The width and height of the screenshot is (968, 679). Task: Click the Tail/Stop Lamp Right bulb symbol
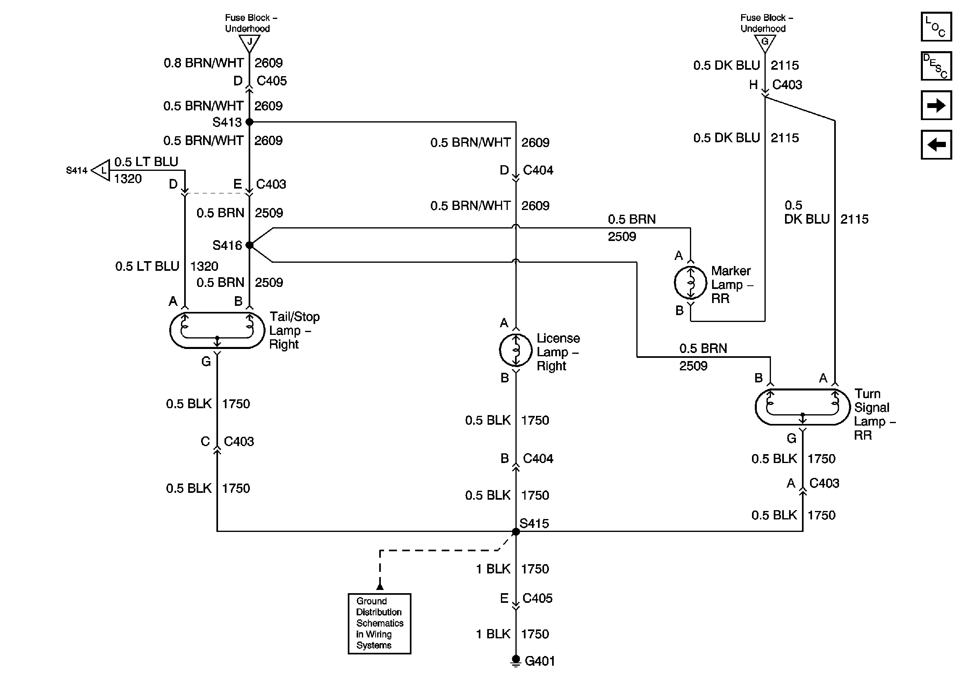point(217,330)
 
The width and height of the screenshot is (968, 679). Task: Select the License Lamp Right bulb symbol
point(515,350)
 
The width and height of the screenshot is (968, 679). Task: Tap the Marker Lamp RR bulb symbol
point(690,282)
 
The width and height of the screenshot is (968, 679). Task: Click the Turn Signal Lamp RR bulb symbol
point(802,407)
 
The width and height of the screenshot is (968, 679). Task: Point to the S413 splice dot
point(249,122)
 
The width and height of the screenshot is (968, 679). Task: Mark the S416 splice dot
point(249,245)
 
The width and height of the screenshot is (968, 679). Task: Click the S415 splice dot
point(515,532)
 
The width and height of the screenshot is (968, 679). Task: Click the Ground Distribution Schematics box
point(379,623)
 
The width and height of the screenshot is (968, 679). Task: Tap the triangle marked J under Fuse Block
point(249,43)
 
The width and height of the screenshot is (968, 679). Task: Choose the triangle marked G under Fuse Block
point(765,43)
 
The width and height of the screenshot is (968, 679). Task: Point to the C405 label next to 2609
point(272,81)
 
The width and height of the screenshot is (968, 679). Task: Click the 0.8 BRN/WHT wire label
point(203,63)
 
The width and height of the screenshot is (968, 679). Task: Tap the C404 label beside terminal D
point(538,170)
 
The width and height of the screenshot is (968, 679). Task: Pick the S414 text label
point(76,170)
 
